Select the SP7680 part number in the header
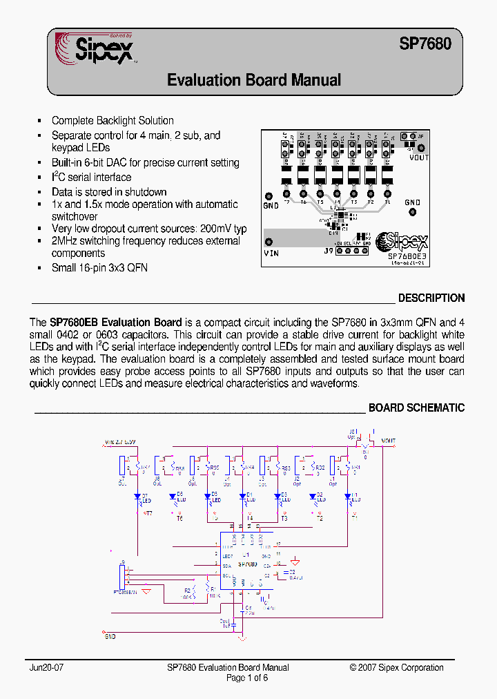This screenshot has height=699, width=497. (425, 44)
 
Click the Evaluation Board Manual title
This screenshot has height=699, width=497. (254, 80)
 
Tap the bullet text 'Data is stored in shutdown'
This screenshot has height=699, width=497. (109, 192)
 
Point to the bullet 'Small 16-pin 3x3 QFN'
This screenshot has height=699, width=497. (99, 267)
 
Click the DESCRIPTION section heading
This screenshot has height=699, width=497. (431, 298)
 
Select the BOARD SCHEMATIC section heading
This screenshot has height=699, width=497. (416, 408)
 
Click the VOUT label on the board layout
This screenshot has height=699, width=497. (418, 157)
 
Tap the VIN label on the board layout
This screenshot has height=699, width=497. (271, 253)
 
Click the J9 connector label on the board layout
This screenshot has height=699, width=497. (328, 251)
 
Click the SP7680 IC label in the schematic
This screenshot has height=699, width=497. (247, 564)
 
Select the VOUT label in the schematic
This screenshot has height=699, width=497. (388, 441)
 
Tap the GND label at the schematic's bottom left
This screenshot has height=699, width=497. (110, 636)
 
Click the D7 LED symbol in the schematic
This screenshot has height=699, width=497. (137, 497)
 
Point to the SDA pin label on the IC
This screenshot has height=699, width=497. (226, 566)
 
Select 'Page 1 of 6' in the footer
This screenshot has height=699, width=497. (247, 678)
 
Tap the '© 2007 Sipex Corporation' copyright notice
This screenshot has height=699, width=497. (396, 668)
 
